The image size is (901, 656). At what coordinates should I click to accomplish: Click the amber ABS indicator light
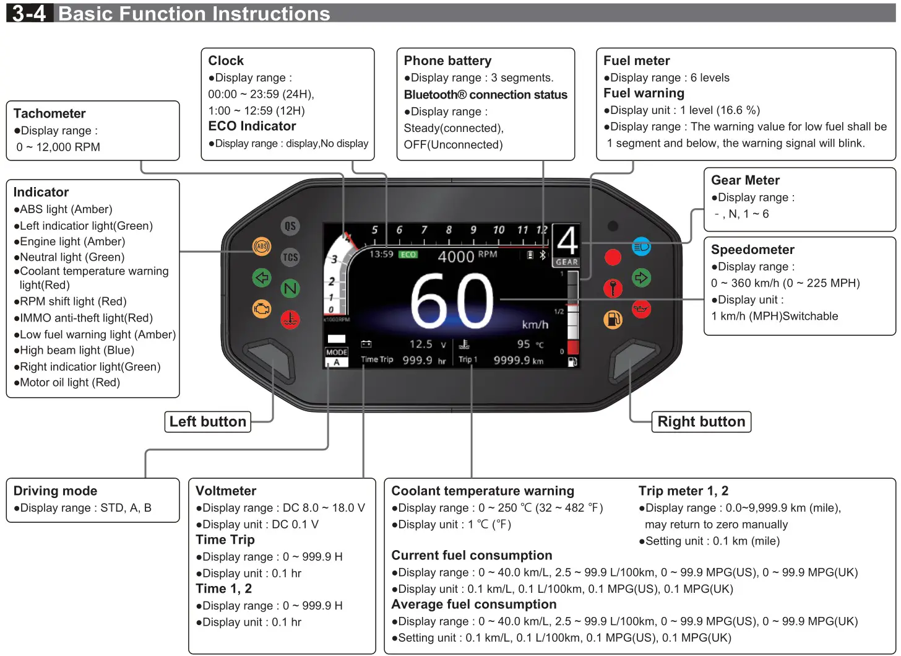tap(262, 247)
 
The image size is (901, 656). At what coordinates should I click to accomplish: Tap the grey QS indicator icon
tap(290, 226)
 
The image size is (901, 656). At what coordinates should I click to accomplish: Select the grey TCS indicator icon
tap(290, 257)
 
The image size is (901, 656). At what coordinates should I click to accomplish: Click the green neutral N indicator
tap(290, 288)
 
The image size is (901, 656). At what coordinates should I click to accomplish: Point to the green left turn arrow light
tap(262, 278)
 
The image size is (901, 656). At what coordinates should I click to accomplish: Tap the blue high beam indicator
tap(641, 247)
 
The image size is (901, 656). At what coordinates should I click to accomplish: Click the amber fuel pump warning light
tap(613, 320)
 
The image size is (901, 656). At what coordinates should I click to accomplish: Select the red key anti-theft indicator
tap(613, 288)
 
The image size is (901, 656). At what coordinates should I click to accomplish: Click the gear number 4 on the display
tap(566, 241)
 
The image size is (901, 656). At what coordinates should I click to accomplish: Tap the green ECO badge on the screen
tap(408, 255)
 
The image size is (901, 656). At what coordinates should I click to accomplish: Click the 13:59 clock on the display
tap(381, 255)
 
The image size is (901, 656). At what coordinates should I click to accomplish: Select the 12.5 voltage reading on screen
tap(421, 344)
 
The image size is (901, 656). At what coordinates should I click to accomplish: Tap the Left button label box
tap(208, 422)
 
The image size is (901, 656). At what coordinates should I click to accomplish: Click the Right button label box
tap(701, 422)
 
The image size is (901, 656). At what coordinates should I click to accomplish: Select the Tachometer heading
tap(50, 113)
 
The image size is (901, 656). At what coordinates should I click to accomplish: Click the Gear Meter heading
tap(745, 180)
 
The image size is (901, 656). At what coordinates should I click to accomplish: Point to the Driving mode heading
tap(55, 491)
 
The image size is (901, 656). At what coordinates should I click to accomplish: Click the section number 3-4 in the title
tap(29, 14)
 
